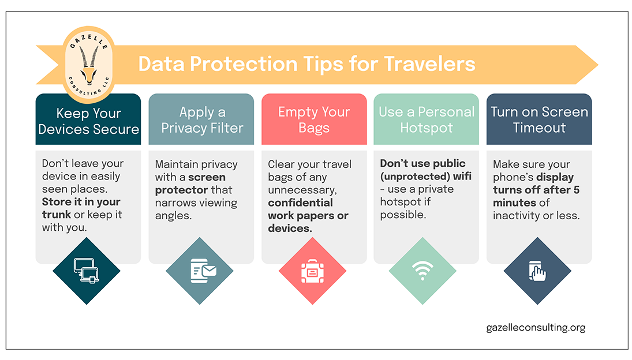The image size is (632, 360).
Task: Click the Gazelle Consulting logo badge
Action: (89, 65)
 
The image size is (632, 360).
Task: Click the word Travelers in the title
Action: (429, 64)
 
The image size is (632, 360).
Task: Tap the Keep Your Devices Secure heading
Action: (89, 121)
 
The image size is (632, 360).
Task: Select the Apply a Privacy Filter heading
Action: (202, 120)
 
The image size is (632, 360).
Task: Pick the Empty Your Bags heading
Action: (314, 119)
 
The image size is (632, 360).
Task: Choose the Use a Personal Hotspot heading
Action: (427, 119)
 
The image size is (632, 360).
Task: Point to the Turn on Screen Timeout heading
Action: (539, 119)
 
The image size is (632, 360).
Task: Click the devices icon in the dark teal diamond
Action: (87, 270)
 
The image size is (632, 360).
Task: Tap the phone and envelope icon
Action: (203, 271)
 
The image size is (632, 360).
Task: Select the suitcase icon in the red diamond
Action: (312, 271)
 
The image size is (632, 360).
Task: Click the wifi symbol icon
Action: (422, 270)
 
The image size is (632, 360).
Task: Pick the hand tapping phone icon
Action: (537, 271)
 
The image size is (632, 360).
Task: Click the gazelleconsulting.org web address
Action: (536, 327)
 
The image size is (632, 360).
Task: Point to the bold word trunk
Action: (57, 214)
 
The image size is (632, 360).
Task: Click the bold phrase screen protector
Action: (190, 183)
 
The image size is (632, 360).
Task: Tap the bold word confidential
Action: (300, 202)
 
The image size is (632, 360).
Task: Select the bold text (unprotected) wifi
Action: (425, 177)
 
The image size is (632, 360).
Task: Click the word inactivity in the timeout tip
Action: (516, 216)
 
